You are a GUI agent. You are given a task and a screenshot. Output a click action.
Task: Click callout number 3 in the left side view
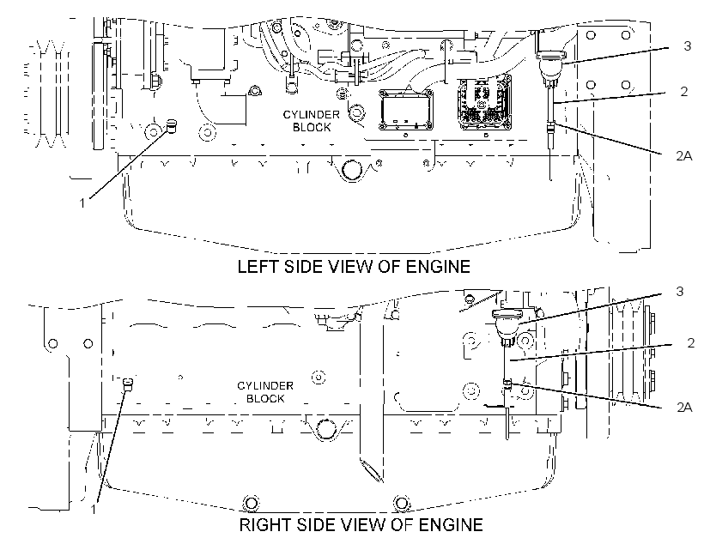pyautogui.click(x=687, y=45)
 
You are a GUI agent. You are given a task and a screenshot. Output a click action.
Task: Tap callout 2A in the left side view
pyautogui.click(x=683, y=156)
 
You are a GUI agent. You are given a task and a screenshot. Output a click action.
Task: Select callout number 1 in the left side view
pyautogui.click(x=82, y=203)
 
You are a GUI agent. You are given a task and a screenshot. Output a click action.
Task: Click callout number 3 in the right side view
pyautogui.click(x=679, y=291)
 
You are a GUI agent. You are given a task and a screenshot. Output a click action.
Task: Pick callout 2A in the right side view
pyautogui.click(x=683, y=407)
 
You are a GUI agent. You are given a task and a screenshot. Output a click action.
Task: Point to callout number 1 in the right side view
pyautogui.click(x=94, y=510)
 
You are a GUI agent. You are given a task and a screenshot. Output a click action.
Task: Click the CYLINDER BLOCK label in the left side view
pyautogui.click(x=311, y=121)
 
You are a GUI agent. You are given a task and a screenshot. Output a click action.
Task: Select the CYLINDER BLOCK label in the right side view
pyautogui.click(x=265, y=392)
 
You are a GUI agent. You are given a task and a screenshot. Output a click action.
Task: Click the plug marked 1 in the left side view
pyautogui.click(x=172, y=126)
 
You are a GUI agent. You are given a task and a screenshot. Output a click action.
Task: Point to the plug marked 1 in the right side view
pyautogui.click(x=129, y=384)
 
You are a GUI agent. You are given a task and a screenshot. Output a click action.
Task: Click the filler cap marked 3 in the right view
pyautogui.click(x=507, y=324)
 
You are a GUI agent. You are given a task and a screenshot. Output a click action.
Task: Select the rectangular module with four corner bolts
pyautogui.click(x=406, y=109)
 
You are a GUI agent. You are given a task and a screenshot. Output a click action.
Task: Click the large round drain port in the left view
pyautogui.click(x=350, y=170)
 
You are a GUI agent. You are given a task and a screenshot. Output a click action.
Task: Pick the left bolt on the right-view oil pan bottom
pyautogui.click(x=251, y=503)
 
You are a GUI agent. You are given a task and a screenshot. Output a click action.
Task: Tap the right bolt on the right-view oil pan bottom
pyautogui.click(x=402, y=503)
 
